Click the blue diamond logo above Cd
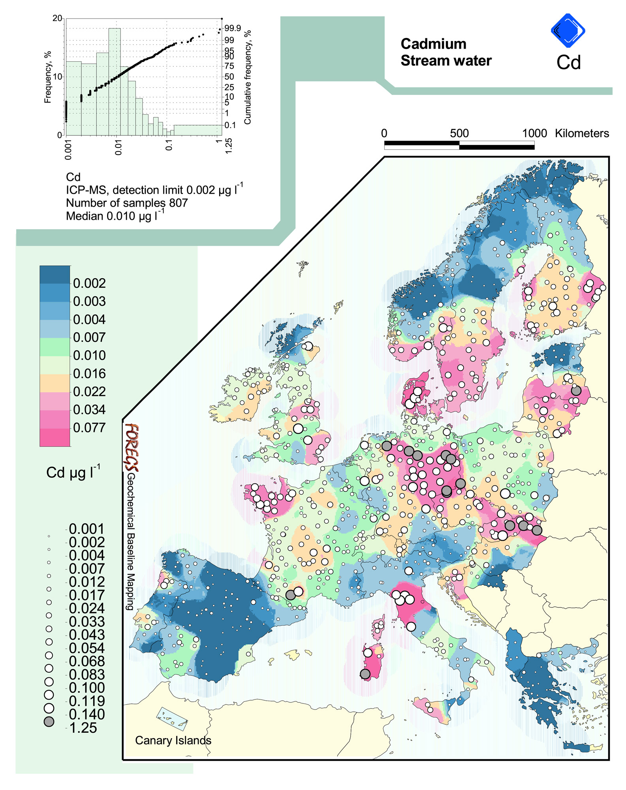pos(568,30)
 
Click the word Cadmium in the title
pos(433,44)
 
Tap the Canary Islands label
pos(173,740)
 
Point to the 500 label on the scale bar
pos(459,133)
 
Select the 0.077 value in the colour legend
pos(89,428)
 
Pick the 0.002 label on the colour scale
pos(89,283)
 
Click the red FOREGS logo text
pos(132,447)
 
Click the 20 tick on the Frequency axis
pos(57,19)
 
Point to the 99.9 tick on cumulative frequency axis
pos(233,28)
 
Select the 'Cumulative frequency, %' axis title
pos(248,77)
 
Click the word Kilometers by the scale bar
pos(581,133)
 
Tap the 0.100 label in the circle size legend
pos(87,688)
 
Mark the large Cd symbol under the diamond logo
pos(568,62)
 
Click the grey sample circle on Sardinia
pos(365,674)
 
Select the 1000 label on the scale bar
pos(534,133)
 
